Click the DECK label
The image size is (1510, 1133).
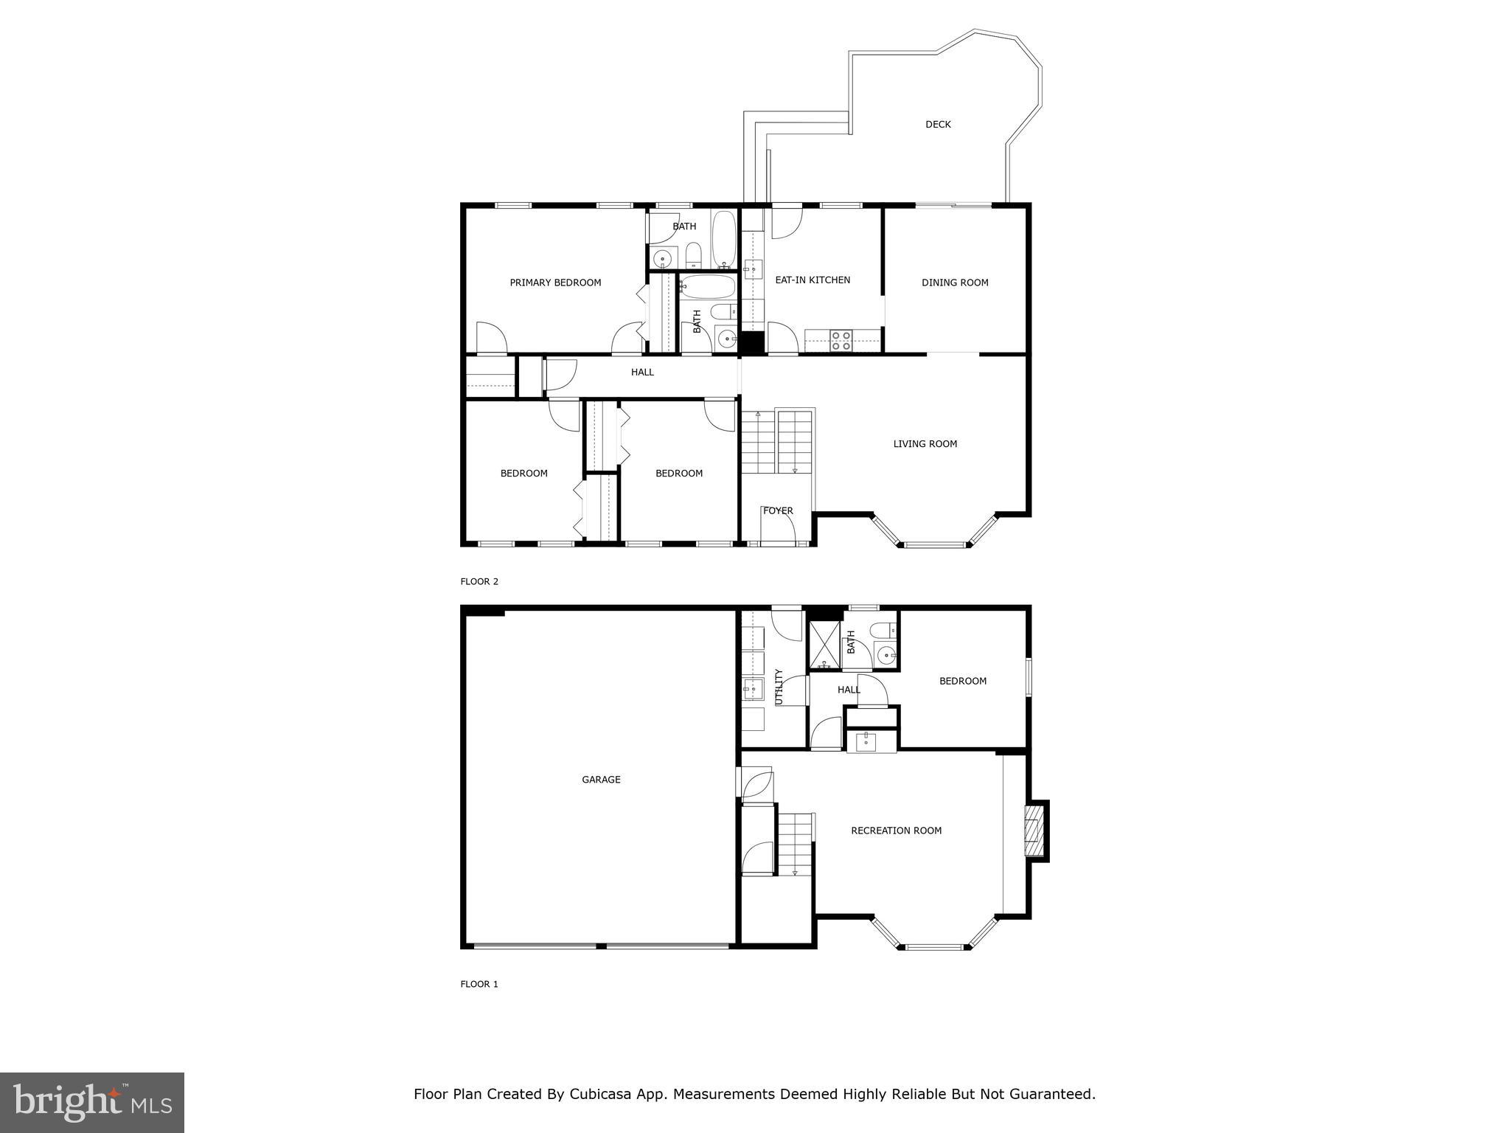(x=938, y=125)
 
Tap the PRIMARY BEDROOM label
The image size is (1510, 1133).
(x=555, y=283)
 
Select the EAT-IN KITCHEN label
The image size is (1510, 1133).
(x=813, y=280)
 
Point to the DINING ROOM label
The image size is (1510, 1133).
(x=955, y=283)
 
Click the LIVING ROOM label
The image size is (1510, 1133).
(x=925, y=444)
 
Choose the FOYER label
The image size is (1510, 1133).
(x=778, y=510)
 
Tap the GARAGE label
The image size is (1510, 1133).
(x=601, y=780)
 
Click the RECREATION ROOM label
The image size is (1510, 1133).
(x=896, y=831)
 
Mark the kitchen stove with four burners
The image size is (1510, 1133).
(x=841, y=340)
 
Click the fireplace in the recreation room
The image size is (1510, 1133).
(x=1035, y=831)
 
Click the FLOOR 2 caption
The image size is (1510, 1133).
(x=479, y=581)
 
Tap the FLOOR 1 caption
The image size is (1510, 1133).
(x=479, y=984)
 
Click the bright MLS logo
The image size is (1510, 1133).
(x=92, y=1102)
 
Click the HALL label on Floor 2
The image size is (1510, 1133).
(x=642, y=373)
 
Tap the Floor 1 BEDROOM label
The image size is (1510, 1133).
(x=962, y=681)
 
